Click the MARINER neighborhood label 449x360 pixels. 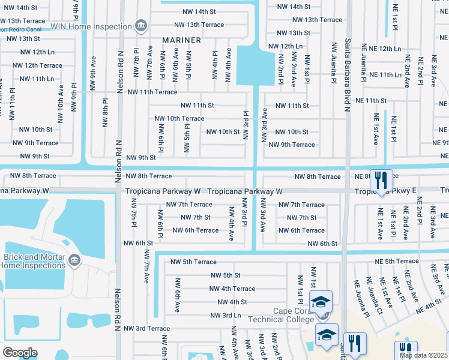point(181,40)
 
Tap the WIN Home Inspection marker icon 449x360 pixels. point(140,25)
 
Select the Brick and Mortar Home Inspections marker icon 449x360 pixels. point(74,259)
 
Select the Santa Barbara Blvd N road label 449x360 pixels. point(347,75)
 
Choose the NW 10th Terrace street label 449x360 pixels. point(179,118)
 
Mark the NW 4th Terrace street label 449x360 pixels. point(232,289)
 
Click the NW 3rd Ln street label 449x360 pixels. point(226,315)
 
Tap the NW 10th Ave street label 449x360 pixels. point(61,99)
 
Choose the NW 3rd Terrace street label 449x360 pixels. point(147,328)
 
